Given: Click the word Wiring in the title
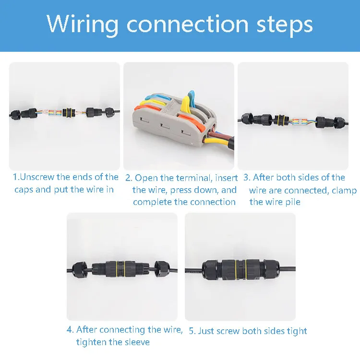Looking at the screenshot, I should click(x=81, y=24).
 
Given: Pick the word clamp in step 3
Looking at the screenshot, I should click(x=344, y=190).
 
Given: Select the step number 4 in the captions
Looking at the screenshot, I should click(x=69, y=330).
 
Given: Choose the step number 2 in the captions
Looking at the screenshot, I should click(x=128, y=178).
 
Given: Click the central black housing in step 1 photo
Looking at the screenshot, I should click(x=69, y=113).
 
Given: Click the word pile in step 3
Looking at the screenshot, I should click(x=292, y=202).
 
